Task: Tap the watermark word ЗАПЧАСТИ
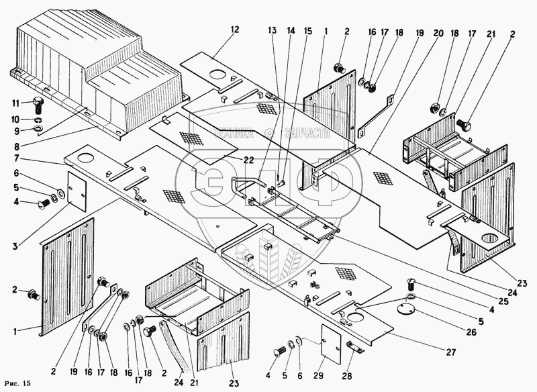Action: pyautogui.click(x=307, y=134)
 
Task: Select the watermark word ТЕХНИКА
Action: pyautogui.click(x=230, y=134)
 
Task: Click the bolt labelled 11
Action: pyautogui.click(x=38, y=103)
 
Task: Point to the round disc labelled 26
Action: pyautogui.click(x=405, y=309)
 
